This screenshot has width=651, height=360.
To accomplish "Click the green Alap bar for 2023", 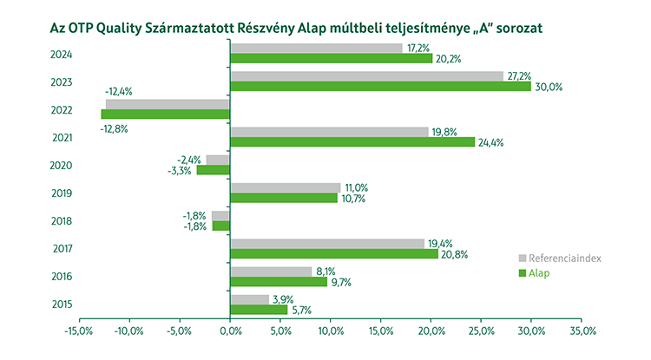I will point(380,87).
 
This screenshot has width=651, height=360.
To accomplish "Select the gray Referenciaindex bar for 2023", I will point(366,76).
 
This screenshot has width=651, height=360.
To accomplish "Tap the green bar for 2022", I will point(165,115).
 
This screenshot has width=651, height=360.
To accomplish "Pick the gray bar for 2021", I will point(329,132).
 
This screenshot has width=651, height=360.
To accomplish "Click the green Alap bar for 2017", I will point(334,253).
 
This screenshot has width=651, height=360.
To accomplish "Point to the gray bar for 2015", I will point(249,299).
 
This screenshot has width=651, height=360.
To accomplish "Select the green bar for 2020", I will point(213,170).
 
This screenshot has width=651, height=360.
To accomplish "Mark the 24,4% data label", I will point(490,142).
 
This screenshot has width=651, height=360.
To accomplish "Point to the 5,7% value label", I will point(301,310).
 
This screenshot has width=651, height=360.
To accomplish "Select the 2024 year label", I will point(61,55).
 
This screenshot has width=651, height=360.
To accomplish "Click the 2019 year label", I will point(61,193).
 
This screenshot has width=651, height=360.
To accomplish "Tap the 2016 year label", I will point(61,277).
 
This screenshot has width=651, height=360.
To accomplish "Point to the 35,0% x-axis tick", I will point(582,331).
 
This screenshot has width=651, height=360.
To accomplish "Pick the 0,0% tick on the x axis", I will point(230,331).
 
